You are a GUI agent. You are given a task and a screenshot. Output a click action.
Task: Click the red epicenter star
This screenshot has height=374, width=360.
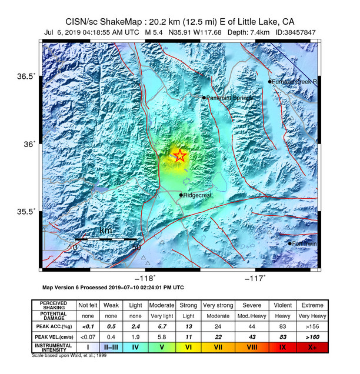pos(180,156)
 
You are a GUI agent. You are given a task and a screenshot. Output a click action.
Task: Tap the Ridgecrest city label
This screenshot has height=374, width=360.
pos(198,195)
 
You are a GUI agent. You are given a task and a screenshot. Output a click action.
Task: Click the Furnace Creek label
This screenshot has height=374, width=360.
pos(295,82)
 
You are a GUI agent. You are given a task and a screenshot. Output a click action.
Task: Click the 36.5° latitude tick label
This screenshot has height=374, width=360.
pos(26,76)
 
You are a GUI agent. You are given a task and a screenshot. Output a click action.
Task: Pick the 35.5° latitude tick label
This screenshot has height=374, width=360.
pos(26,212)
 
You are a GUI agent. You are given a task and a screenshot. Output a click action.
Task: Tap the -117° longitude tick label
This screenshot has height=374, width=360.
pos(255,278)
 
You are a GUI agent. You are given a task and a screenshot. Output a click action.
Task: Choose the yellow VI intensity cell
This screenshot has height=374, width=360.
pos(188,348)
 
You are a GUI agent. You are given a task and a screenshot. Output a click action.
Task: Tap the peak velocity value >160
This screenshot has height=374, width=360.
pos(313,337)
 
